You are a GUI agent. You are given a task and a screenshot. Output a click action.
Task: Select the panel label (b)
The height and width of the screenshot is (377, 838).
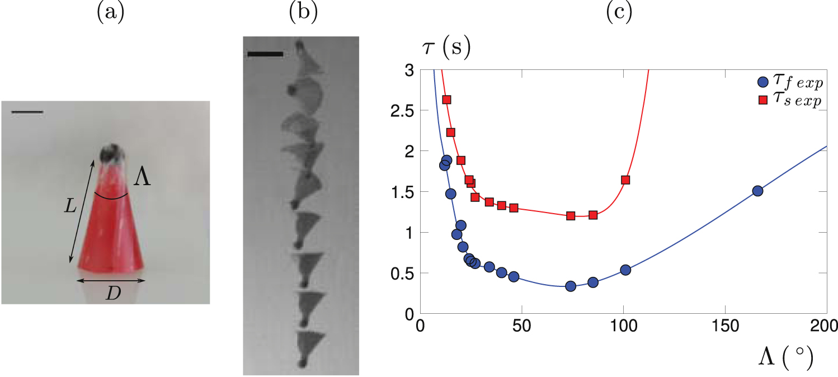pyautogui.click(x=303, y=12)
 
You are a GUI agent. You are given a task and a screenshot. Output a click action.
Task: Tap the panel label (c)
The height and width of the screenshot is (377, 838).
pyautogui.click(x=619, y=12)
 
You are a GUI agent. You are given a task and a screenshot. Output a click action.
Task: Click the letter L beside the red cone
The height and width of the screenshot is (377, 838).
pyautogui.click(x=71, y=206)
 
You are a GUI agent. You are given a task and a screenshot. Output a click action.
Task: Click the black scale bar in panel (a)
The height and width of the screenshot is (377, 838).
pyautogui.click(x=27, y=112)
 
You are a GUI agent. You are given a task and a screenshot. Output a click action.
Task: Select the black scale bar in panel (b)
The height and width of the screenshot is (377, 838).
pyautogui.click(x=265, y=54)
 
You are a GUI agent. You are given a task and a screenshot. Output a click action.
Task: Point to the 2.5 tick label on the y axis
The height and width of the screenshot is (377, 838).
pyautogui.click(x=399, y=111)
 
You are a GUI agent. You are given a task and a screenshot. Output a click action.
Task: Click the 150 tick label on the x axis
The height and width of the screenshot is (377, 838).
pyautogui.click(x=724, y=326)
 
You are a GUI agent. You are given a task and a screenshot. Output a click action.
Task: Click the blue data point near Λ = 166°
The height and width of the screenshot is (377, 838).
pyautogui.click(x=757, y=191)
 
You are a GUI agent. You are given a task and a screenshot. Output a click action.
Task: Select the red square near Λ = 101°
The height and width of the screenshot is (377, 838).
pyautogui.click(x=625, y=180)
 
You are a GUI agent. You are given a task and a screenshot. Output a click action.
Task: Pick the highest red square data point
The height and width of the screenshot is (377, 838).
pyautogui.click(x=446, y=100)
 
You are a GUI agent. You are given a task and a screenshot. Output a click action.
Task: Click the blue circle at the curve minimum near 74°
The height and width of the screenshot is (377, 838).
pyautogui.click(x=571, y=286)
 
